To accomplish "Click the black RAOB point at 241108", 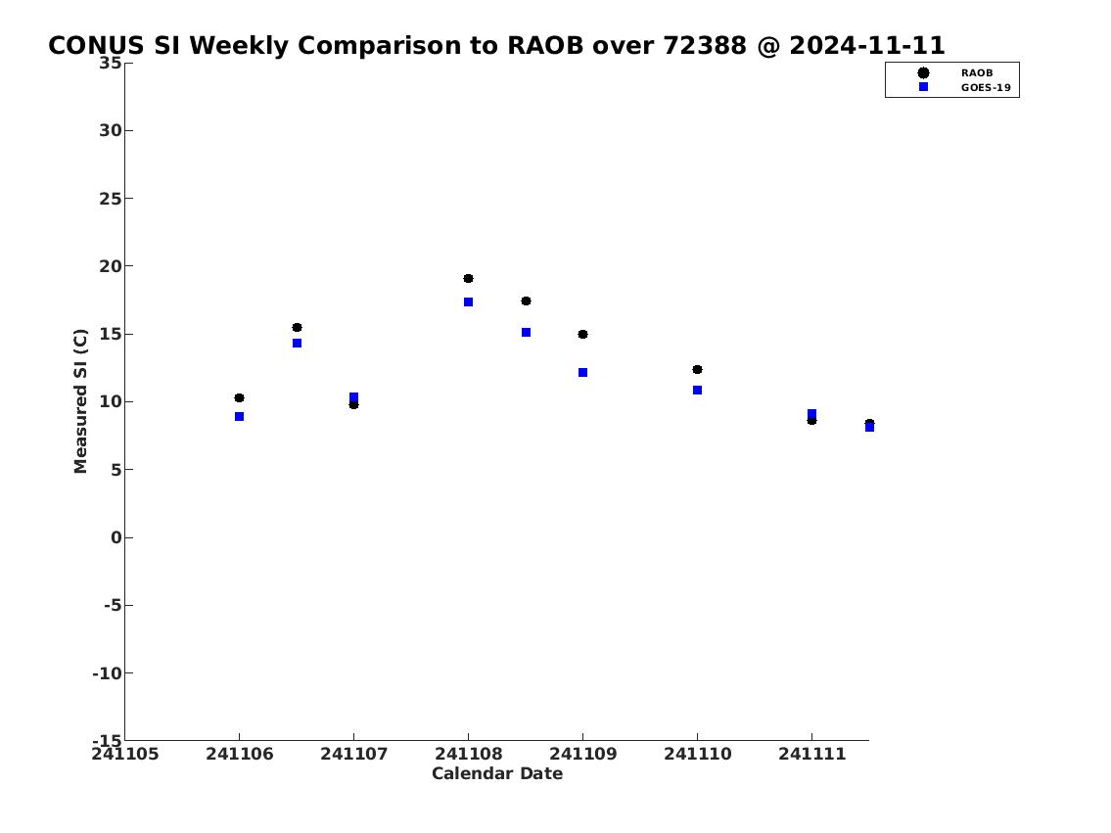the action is [468, 278].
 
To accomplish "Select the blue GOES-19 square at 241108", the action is [468, 302].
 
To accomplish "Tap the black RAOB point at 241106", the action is [240, 398].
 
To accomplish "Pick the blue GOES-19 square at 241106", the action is [240, 417].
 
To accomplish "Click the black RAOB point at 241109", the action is [582, 335].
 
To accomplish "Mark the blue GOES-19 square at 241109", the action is [583, 373].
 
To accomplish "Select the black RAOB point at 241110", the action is [697, 370].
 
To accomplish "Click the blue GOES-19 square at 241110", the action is [697, 391].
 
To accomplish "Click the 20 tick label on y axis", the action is [111, 266].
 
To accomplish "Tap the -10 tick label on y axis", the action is [107, 672].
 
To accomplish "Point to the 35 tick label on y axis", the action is [111, 63].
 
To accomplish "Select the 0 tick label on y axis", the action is [116, 537].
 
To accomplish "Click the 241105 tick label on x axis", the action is [125, 754].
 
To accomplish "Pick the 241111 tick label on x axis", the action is [812, 754].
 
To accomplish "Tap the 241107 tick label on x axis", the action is [354, 754].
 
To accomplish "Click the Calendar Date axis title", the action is [497, 773].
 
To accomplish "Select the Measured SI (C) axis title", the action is [81, 401].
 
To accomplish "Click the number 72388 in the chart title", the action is [705, 45].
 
